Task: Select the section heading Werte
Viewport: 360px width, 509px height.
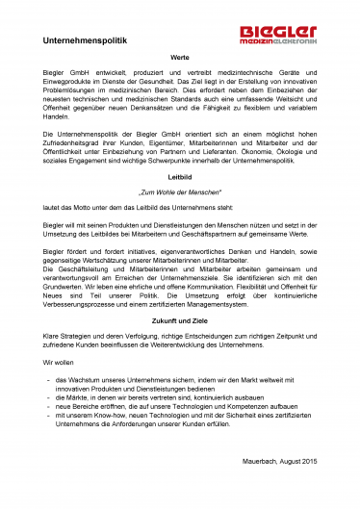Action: point(179,59)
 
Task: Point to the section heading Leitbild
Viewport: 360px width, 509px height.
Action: point(179,190)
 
